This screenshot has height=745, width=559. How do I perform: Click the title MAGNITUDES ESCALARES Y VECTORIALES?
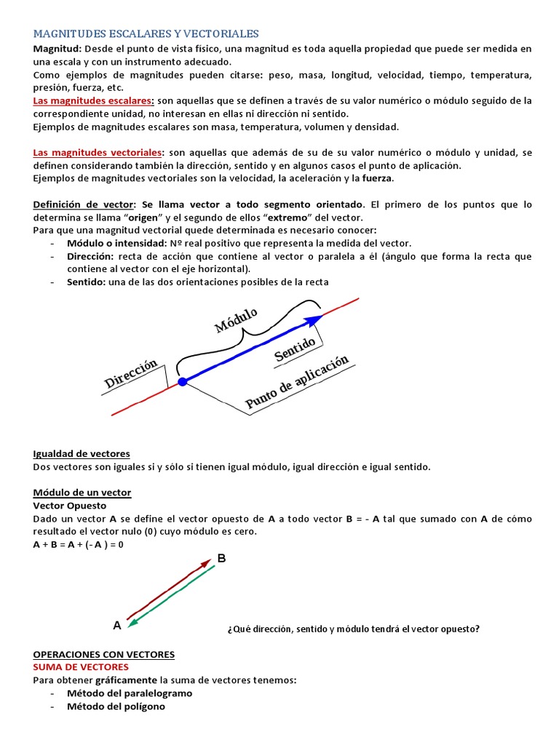coord(146,33)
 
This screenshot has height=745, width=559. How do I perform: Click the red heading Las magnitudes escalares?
coord(93,100)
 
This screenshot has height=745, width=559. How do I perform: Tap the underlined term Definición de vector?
coord(84,204)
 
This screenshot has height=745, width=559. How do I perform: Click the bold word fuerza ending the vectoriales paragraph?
coord(377,178)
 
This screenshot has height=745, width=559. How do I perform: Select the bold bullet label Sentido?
coord(86,282)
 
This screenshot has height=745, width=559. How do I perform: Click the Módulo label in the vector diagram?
coord(236,320)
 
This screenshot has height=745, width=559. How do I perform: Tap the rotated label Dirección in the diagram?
coord(131,373)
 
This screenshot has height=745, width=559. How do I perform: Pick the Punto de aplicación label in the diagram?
coord(297,382)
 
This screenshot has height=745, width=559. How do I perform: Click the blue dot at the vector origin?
coord(182,381)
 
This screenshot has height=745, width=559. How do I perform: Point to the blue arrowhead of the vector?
coord(314,320)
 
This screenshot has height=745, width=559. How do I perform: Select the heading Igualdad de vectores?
coord(82,454)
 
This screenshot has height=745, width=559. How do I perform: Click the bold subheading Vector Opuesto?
coord(70,506)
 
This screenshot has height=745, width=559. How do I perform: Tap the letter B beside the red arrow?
coord(222,559)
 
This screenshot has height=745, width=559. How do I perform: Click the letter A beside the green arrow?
coord(116,625)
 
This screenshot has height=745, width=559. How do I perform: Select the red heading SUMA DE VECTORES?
coord(81,667)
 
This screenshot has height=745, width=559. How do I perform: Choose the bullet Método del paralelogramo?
coord(130,693)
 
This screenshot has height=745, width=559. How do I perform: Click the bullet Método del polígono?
coord(116,706)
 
